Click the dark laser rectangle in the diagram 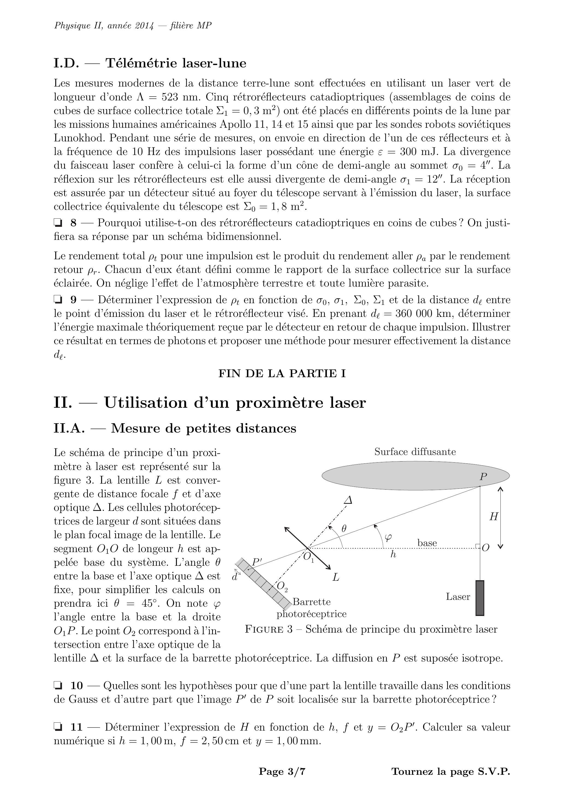pos(480,598)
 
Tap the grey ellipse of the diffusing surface pos(400,475)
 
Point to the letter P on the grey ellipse pos(483,477)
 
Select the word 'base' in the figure pos(427,543)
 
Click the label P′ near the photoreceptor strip pos(257,562)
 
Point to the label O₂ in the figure pos(282,586)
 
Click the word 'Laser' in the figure pos(458,597)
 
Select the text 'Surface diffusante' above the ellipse pos(415,452)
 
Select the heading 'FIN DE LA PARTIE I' pos(282,373)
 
